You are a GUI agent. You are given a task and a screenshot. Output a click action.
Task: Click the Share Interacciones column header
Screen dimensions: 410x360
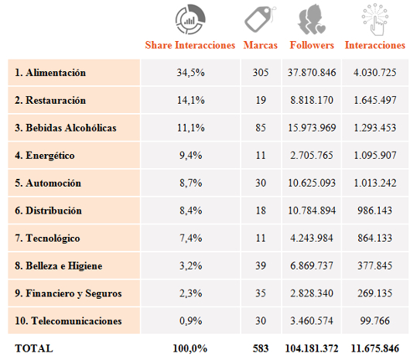190,45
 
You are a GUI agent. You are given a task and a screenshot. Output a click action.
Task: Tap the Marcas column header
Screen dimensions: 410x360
261,45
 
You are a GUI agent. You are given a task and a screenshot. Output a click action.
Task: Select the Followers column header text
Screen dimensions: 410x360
312,45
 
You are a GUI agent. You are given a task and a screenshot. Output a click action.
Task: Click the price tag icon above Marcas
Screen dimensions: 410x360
261,19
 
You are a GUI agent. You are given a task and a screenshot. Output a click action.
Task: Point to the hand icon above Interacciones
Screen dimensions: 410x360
375,19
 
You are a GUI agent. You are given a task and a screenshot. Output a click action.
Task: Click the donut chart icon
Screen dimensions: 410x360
190,19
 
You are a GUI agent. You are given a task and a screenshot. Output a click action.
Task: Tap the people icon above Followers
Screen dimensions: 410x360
312,19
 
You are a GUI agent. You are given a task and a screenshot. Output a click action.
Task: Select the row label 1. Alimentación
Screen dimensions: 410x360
50,73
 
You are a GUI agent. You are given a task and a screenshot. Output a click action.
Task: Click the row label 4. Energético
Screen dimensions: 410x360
45,156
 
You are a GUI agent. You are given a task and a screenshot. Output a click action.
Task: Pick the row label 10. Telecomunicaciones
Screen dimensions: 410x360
68,321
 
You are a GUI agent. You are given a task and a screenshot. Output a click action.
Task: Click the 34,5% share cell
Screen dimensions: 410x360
190,73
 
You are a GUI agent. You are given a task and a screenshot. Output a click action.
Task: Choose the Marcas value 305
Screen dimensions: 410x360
261,73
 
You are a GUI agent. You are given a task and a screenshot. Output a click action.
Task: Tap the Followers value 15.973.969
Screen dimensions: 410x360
312,128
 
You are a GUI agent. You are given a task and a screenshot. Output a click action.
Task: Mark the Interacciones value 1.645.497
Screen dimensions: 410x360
375,100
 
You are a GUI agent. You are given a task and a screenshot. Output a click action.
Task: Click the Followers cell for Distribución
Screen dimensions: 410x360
312,211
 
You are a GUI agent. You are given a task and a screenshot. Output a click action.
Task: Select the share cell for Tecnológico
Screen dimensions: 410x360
190,238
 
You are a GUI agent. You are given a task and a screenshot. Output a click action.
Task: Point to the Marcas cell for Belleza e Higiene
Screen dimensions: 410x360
261,266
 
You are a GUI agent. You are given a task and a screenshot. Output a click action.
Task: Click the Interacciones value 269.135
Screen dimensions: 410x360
375,293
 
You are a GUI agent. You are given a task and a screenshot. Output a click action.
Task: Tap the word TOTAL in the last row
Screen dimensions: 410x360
34,348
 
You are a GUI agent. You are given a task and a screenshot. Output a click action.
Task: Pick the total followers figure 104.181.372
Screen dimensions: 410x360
312,348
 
